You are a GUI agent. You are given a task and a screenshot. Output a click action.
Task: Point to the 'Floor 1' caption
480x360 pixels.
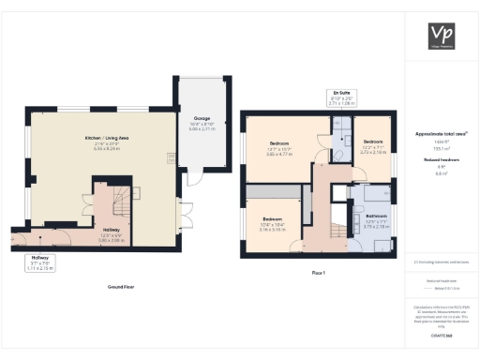pyautogui.click(x=317, y=273)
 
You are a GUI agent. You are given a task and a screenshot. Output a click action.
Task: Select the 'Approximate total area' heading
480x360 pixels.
pyautogui.click(x=441, y=134)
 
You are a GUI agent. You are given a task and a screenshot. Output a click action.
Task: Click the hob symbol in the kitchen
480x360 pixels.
pyautogui.click(x=171, y=158)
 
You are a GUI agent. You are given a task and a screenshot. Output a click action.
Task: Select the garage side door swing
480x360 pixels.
pyautogui.click(x=194, y=177)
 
